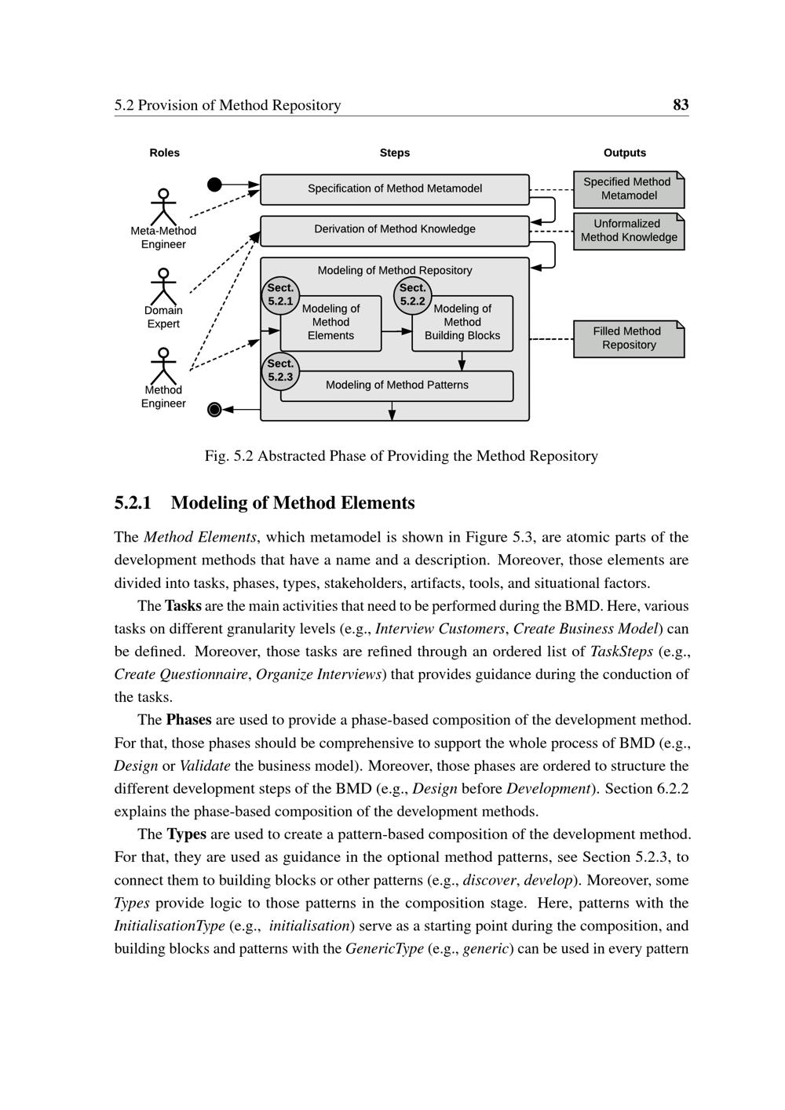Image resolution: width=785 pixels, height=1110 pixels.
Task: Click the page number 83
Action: click(x=681, y=105)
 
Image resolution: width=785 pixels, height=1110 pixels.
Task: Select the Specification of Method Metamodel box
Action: click(x=394, y=189)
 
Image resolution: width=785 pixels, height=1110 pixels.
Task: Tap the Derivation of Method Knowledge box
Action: click(x=394, y=230)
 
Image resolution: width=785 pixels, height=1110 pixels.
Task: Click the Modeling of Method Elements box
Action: click(x=330, y=323)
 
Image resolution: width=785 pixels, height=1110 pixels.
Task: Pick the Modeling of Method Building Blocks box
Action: click(x=462, y=323)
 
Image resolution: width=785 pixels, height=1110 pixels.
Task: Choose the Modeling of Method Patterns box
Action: click(x=396, y=385)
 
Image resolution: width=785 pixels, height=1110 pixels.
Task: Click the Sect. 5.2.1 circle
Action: click(x=280, y=295)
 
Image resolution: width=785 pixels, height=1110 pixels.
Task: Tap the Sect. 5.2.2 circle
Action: click(x=412, y=295)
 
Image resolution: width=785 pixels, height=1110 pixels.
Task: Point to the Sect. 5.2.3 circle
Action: click(x=280, y=371)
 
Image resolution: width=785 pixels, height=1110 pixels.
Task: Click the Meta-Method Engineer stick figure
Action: click(x=163, y=206)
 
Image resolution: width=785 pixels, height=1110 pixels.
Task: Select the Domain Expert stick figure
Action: click(x=163, y=287)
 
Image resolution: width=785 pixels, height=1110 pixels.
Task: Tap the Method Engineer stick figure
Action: click(x=163, y=366)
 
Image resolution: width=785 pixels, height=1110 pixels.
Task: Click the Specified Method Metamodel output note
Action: click(x=628, y=189)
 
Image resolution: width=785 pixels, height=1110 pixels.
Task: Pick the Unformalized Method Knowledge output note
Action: click(x=628, y=231)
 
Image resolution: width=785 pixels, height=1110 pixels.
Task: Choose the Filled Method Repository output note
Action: click(x=628, y=338)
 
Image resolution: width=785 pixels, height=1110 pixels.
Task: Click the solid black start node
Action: click(x=214, y=184)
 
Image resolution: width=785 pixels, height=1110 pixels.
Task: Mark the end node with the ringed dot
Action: click(x=214, y=409)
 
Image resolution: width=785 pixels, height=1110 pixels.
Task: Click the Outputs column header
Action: click(x=624, y=153)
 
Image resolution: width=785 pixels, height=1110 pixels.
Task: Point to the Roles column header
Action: click(x=164, y=153)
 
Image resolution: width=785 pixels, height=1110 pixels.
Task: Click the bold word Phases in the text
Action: click(x=188, y=720)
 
